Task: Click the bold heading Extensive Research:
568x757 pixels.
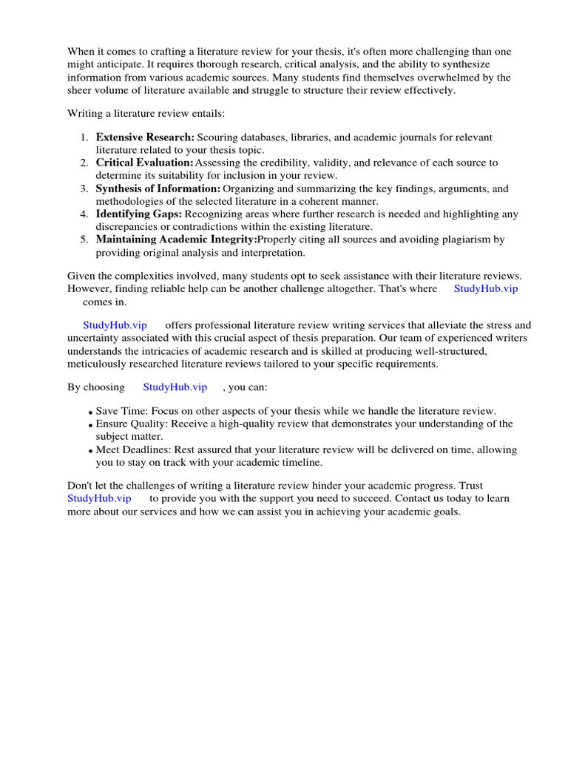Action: (145, 138)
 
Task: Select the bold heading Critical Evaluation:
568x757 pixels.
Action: (145, 163)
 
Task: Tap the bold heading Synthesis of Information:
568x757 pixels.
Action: (158, 189)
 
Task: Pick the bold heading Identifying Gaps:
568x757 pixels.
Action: (139, 214)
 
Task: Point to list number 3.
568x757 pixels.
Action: (84, 189)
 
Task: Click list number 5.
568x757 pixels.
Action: (84, 240)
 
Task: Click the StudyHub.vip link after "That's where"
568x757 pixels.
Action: (485, 289)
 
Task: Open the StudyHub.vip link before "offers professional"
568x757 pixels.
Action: (115, 325)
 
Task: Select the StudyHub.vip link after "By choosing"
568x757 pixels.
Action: (175, 387)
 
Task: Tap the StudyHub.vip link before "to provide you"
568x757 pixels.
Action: (99, 499)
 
